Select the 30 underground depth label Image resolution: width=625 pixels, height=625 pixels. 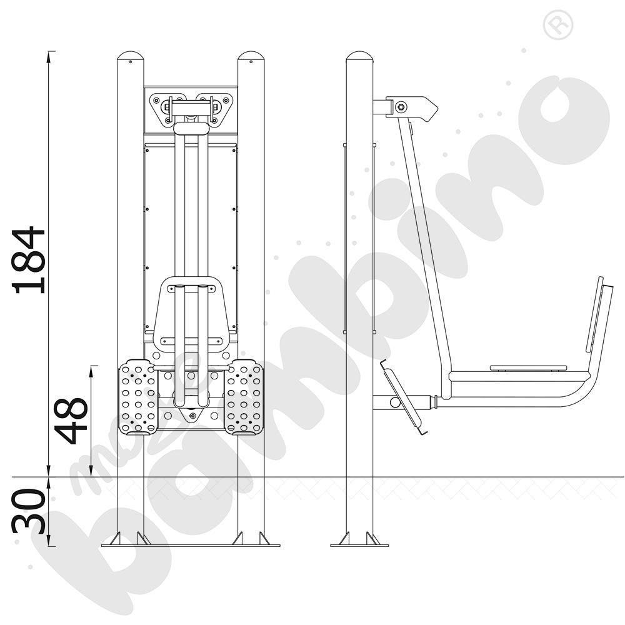click(x=29, y=511)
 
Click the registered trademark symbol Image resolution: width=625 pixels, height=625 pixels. click(x=558, y=25)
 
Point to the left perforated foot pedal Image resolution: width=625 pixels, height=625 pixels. click(x=138, y=396)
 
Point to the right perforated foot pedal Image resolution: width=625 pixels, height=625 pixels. click(x=244, y=397)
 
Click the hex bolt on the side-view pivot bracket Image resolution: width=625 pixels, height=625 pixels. click(x=401, y=107)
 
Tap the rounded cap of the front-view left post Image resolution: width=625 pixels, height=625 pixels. click(x=131, y=56)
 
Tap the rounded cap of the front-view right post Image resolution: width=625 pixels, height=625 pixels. click(x=251, y=56)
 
